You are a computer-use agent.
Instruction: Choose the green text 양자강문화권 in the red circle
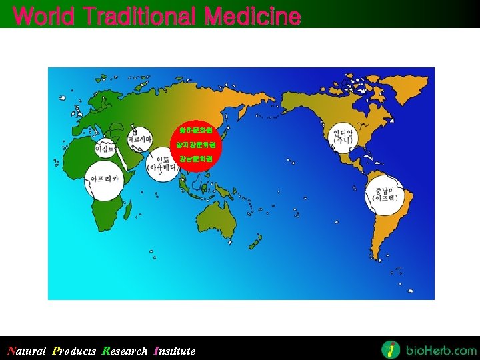pyautogui.click(x=194, y=144)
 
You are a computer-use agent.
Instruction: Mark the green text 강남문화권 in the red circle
pyautogui.click(x=194, y=159)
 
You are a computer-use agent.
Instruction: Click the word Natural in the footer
pyautogui.click(x=26, y=351)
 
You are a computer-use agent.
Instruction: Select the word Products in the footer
pyautogui.click(x=74, y=351)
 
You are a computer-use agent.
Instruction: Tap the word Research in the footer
pyautogui.click(x=125, y=351)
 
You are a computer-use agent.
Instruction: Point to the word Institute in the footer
pyautogui.click(x=175, y=351)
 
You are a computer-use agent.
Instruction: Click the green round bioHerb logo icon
pyautogui.click(x=391, y=349)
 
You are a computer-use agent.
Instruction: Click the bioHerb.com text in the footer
pyautogui.click(x=439, y=350)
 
